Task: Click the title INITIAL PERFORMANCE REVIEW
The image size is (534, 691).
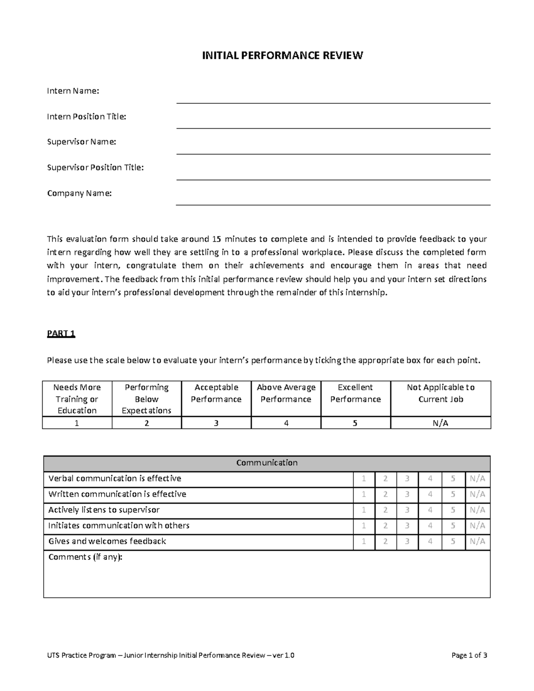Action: pos(283,56)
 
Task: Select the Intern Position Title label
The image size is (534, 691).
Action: pos(87,117)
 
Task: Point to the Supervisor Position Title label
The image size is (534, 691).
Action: pos(95,168)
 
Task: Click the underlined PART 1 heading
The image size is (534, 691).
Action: pos(61,334)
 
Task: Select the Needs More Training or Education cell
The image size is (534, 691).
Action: pos(77,399)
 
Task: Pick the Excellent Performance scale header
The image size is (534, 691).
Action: pos(355,393)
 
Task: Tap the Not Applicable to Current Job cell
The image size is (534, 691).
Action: pos(441,393)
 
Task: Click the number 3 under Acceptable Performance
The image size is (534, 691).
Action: pos(216,423)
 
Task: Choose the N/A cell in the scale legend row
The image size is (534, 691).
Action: pos(441,423)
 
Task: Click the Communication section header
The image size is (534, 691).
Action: pos(267,463)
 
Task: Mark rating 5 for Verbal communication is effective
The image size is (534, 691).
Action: pos(453,479)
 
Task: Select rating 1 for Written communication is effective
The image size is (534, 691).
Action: pos(364,494)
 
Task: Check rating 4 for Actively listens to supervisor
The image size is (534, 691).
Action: pos(430,510)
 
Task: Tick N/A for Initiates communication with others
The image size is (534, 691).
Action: pos(477,525)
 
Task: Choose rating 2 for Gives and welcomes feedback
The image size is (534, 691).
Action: pos(385,541)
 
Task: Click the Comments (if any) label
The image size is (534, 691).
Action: pos(85,557)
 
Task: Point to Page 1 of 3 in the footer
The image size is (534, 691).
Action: pos(469,655)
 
